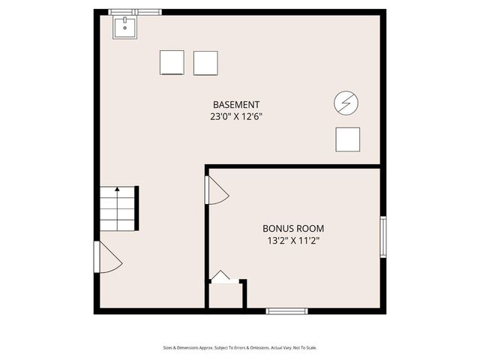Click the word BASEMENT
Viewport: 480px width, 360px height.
pyautogui.click(x=236, y=104)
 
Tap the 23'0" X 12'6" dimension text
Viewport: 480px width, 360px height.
pyautogui.click(x=236, y=117)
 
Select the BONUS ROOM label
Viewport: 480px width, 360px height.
pyautogui.click(x=293, y=228)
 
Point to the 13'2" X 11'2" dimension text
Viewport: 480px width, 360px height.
pyautogui.click(x=293, y=241)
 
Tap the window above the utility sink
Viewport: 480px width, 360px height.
pyautogui.click(x=134, y=12)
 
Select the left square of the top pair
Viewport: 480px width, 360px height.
pyautogui.click(x=172, y=63)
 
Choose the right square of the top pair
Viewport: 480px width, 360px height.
pyautogui.click(x=205, y=63)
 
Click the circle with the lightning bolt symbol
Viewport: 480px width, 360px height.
pyautogui.click(x=346, y=103)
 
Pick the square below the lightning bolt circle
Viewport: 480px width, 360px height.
pyautogui.click(x=347, y=139)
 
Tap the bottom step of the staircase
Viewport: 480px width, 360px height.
pyautogui.click(x=117, y=224)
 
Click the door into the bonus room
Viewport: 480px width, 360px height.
pyautogui.click(x=216, y=190)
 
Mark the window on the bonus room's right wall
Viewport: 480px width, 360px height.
pyautogui.click(x=383, y=238)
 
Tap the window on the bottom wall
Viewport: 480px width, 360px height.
pyautogui.click(x=286, y=310)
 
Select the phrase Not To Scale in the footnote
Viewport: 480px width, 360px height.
pyautogui.click(x=304, y=347)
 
